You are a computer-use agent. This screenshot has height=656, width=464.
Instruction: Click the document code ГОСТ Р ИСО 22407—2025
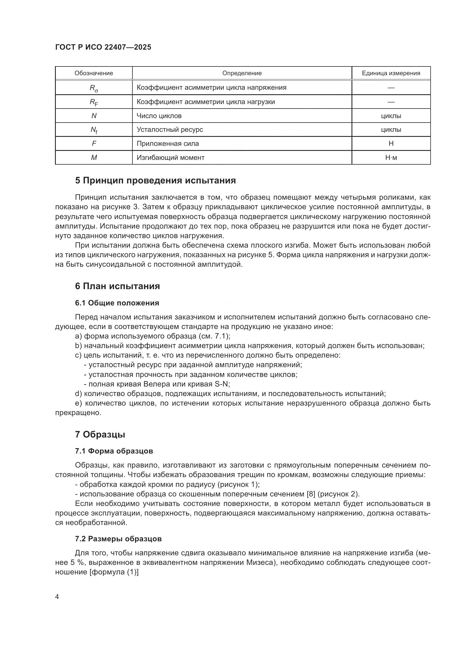(x=103, y=47)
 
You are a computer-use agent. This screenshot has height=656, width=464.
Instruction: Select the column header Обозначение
(x=94, y=73)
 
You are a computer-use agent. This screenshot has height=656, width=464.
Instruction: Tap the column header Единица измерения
(x=391, y=73)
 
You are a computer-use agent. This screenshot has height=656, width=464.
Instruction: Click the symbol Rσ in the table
(x=94, y=88)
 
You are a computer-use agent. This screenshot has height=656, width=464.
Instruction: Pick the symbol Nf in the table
(x=94, y=130)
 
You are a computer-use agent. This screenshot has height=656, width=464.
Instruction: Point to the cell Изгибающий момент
(x=171, y=157)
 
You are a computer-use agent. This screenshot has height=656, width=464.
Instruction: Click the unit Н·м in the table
(x=391, y=157)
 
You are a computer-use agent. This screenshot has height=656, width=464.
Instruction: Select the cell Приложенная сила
(x=168, y=143)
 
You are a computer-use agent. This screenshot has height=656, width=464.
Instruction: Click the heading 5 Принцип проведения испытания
(x=155, y=181)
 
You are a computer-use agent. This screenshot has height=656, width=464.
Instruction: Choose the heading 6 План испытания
(x=118, y=286)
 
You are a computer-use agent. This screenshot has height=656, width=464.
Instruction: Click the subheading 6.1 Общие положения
(x=117, y=303)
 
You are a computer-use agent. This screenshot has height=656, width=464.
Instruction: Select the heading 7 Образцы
(x=100, y=434)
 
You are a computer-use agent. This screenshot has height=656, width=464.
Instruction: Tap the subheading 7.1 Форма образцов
(x=114, y=451)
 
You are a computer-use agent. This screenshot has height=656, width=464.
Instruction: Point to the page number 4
(x=57, y=597)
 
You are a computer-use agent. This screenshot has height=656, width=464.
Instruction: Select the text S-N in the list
(x=222, y=384)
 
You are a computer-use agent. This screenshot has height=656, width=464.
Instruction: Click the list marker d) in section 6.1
(x=78, y=394)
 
